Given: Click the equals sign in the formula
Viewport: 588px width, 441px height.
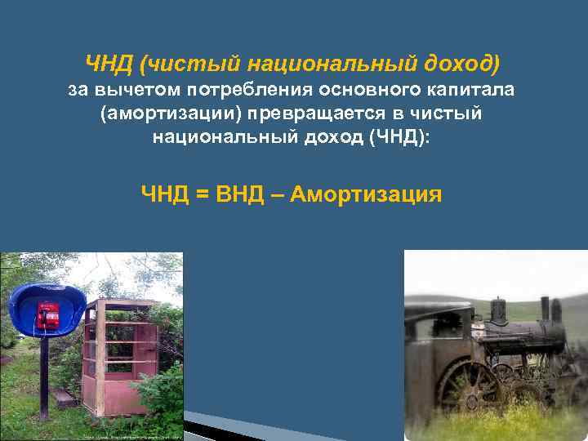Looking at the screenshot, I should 202,194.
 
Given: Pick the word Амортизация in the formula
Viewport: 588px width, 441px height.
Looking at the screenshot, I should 366,194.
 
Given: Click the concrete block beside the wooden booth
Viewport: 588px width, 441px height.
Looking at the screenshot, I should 63,399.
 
